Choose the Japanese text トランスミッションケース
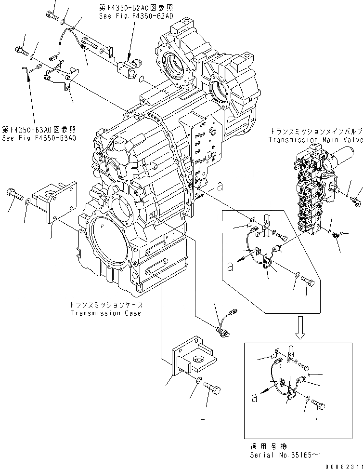click(x=106, y=305)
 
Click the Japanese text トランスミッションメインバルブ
click(x=316, y=131)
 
